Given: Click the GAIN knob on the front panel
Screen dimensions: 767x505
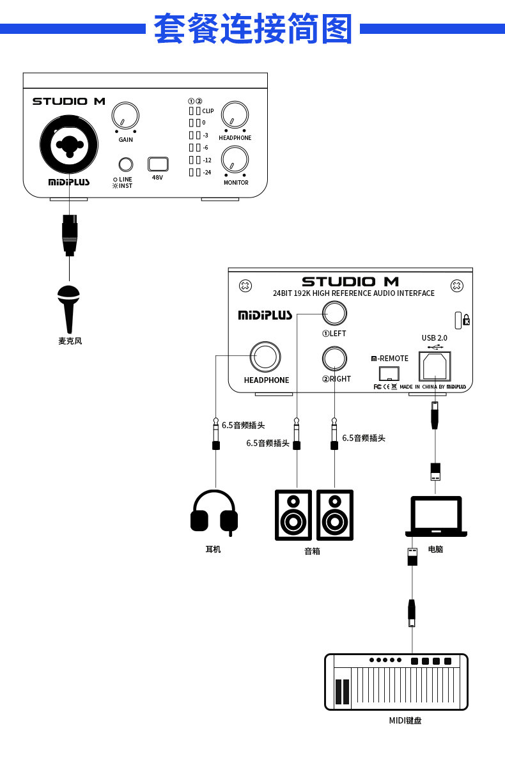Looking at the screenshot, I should (125, 116).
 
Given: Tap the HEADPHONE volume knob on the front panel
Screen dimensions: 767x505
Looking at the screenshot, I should (235, 116).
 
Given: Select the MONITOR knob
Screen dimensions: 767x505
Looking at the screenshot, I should (235, 160).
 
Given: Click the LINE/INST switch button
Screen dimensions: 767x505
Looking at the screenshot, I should (126, 164).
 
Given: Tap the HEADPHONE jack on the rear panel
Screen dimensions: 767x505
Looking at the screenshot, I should (266, 356).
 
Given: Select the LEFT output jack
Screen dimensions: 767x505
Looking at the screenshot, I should (334, 313).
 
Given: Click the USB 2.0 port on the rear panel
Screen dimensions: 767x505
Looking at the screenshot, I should (435, 367).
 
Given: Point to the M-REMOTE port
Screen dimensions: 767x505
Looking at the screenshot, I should (389, 373).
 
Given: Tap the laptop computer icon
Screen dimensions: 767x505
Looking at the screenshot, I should (436, 516).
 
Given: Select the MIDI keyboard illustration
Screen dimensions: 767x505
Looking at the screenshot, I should (396, 681).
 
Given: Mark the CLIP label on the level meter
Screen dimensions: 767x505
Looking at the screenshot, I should (208, 111).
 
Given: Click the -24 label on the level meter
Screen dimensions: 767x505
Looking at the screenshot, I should (206, 173).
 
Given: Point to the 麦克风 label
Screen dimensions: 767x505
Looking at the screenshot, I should (70, 341).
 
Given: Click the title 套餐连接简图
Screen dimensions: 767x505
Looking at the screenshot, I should (253, 29).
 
